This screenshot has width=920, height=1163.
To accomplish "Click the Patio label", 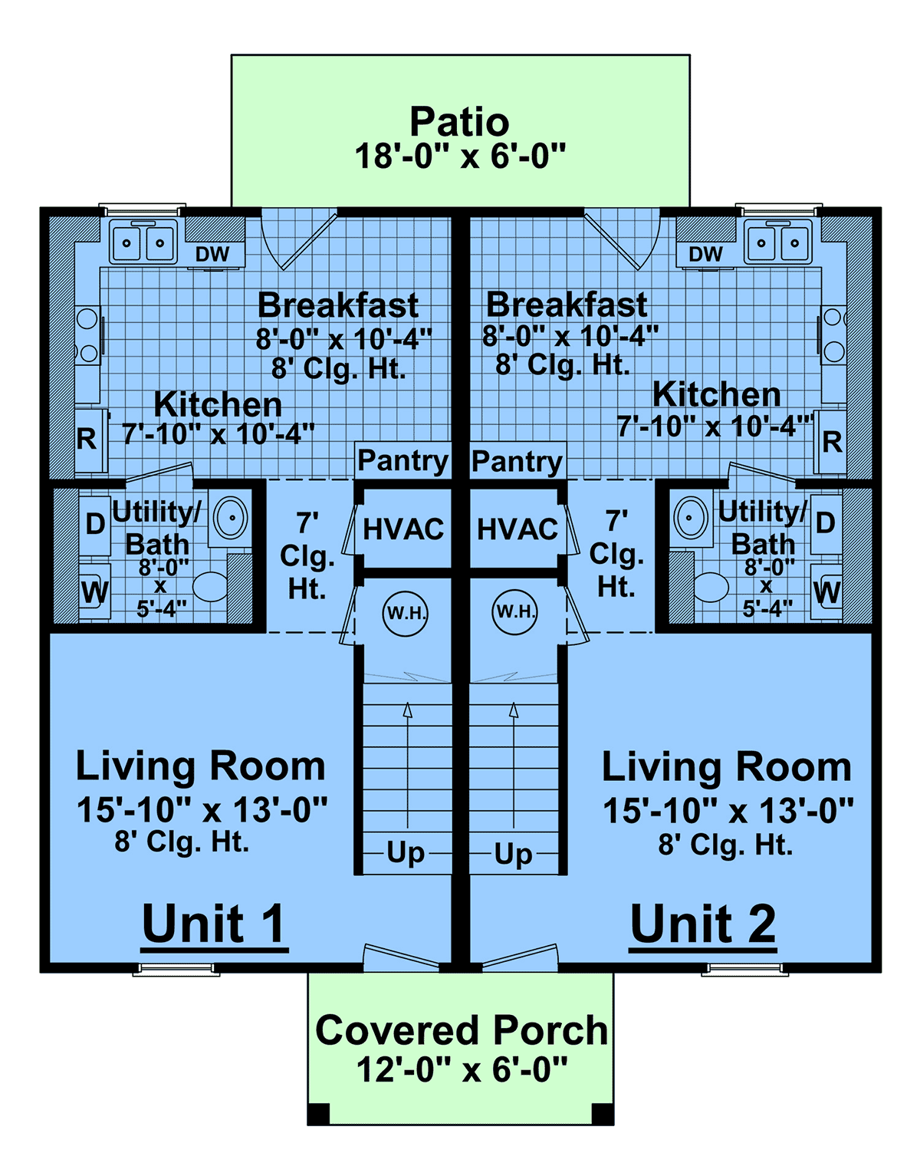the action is (x=459, y=122).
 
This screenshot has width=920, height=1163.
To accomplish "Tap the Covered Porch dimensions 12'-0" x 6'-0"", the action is (x=462, y=1069).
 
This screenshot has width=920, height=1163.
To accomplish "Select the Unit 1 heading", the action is (x=213, y=923).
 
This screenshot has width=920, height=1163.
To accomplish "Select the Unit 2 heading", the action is (x=703, y=923).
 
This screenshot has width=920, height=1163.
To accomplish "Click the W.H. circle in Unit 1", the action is (x=405, y=614).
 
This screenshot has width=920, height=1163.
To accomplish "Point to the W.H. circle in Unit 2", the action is (x=515, y=611).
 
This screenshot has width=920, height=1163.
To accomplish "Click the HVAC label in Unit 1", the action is (x=403, y=529).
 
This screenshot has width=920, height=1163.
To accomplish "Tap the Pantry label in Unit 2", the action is (x=517, y=462).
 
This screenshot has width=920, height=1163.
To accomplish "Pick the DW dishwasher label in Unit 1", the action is (x=212, y=254).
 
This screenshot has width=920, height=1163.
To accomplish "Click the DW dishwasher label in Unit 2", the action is (x=706, y=254).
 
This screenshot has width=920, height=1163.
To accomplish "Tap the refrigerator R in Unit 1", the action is (x=87, y=439).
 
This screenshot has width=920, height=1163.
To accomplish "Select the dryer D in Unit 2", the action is (x=825, y=523).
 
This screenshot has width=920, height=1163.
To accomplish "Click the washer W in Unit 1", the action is (x=95, y=592).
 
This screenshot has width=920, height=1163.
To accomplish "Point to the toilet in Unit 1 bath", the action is (x=210, y=587).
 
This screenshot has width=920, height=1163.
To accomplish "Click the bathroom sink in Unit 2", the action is (x=690, y=517).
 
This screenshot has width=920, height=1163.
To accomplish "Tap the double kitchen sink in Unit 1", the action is (x=143, y=242).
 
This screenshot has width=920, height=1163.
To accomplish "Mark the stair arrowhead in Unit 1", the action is (x=407, y=710).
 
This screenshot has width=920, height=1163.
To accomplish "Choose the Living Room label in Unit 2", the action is (x=727, y=767).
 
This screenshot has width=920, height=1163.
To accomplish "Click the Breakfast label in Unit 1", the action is (x=338, y=306).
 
